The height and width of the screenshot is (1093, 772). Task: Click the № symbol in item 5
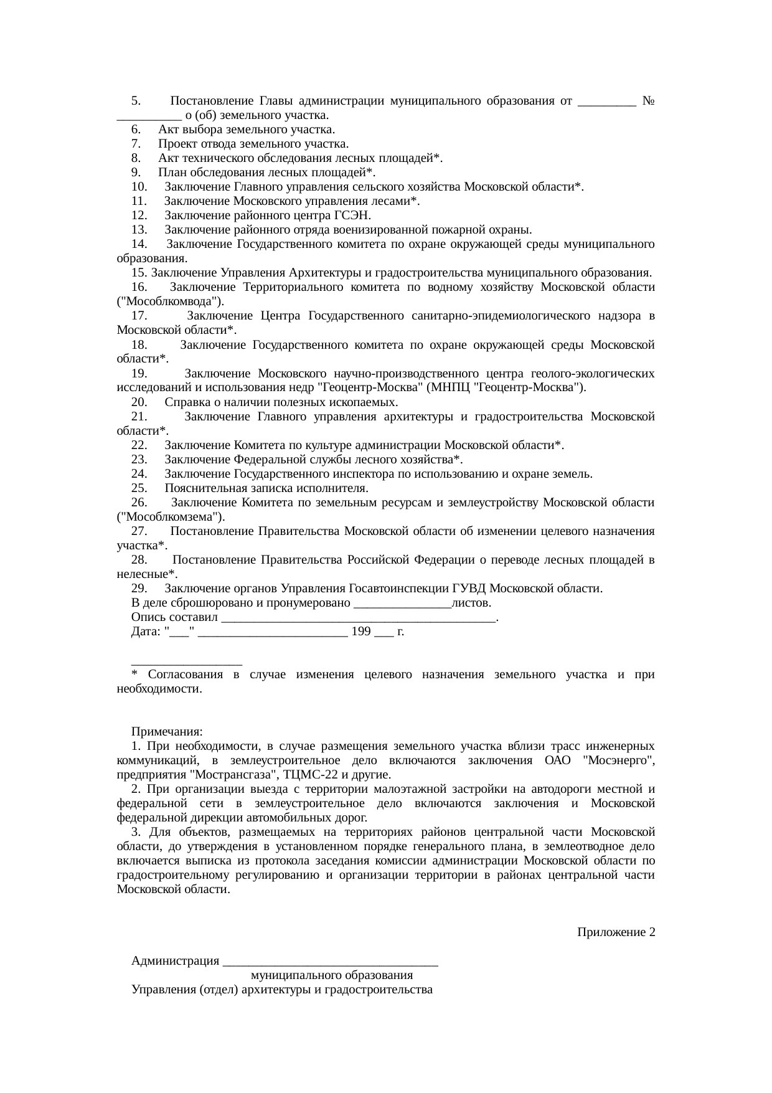click(647, 101)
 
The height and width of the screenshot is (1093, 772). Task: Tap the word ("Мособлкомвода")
click(170, 301)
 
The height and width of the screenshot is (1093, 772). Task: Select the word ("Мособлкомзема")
click(171, 516)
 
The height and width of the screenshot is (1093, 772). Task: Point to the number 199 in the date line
click(361, 632)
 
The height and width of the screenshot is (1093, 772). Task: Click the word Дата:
click(146, 632)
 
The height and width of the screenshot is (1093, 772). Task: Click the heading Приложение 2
click(615, 932)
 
